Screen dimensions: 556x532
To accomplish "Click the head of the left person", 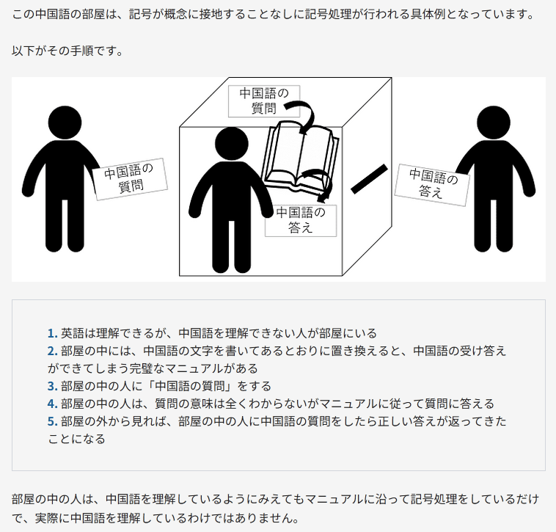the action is point(65,123).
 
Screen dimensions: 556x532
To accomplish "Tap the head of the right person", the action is point(494,123).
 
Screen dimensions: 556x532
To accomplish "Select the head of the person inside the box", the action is point(232,144).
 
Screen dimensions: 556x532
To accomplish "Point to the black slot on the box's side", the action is point(369,179).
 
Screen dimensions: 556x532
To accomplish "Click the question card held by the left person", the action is point(130,179).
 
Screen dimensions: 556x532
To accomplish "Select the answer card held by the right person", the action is point(432,185).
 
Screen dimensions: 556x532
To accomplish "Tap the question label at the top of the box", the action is point(264,101).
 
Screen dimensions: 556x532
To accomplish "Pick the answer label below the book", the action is point(301,221).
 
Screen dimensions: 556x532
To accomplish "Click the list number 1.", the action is point(53,333).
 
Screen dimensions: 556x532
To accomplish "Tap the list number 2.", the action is point(53,351).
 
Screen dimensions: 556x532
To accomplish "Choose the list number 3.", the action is point(53,386).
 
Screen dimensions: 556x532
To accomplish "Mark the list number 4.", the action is point(53,404).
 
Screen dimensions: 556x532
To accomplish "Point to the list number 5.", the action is point(53,421).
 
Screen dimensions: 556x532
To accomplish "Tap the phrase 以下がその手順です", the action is point(67,51).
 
